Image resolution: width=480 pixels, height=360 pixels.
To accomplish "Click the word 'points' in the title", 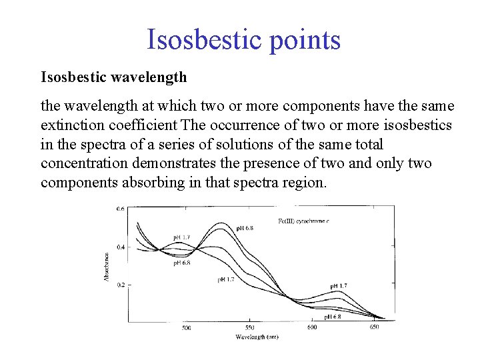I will point(304,39).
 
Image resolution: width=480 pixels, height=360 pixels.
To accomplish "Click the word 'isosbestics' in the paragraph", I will point(417,125).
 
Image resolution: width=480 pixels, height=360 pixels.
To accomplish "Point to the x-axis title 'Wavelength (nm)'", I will point(257,337).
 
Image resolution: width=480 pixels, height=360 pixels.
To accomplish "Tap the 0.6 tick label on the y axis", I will point(120,209).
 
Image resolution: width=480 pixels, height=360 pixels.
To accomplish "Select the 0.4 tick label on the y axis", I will point(120,247).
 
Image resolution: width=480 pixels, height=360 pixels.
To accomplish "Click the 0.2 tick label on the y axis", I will point(120,285).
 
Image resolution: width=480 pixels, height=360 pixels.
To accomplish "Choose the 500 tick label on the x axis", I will point(187,328).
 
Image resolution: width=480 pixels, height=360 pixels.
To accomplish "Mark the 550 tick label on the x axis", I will point(250,328).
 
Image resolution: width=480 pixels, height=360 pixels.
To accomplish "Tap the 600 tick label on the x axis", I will point(312,328).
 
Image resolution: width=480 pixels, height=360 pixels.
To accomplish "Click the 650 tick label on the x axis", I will point(375,328).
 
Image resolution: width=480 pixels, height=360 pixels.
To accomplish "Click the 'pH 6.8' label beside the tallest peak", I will point(245,228).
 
